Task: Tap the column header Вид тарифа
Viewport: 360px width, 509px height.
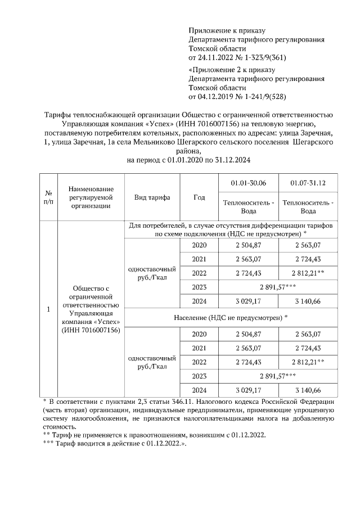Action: coord(152,198)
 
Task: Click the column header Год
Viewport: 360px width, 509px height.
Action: coord(199,198)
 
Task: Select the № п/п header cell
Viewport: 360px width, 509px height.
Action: coord(48,198)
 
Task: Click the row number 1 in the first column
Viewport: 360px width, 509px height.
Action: coord(48,309)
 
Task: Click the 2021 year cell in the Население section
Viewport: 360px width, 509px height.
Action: coord(199,348)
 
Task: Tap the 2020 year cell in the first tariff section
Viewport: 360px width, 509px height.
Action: coord(199,245)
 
